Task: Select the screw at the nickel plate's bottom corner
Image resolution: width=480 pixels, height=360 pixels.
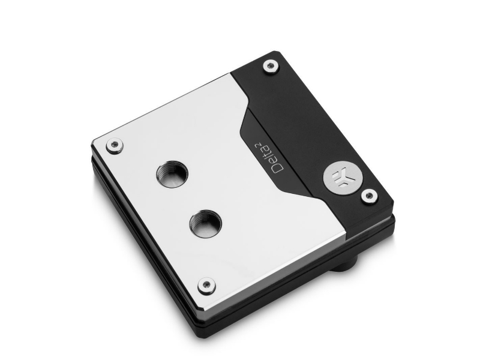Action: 206,286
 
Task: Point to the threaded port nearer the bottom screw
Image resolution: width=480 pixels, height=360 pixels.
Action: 205,222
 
